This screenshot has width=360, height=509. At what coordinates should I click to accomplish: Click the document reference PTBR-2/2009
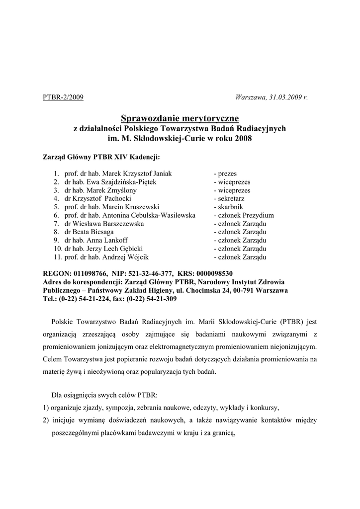click(x=63, y=97)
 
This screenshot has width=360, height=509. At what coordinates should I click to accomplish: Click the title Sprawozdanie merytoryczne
click(x=180, y=118)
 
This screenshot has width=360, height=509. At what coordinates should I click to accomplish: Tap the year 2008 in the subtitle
click(x=243, y=139)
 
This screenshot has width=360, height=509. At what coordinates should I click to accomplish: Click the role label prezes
click(x=227, y=174)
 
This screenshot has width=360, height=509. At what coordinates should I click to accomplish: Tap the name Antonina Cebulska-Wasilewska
click(x=149, y=216)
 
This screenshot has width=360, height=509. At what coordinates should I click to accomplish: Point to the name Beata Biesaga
click(x=100, y=232)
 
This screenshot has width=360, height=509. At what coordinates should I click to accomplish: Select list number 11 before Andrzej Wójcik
click(x=57, y=257)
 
